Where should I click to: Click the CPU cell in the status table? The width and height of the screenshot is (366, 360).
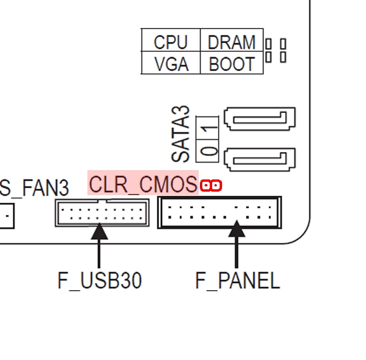[x=171, y=42]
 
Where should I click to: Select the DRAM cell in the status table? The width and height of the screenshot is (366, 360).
[x=231, y=42]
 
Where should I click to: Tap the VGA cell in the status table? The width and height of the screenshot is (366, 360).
[x=171, y=63]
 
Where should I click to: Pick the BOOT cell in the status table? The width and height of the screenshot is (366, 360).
[x=231, y=63]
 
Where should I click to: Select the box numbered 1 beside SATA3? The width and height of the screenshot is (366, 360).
[x=209, y=124]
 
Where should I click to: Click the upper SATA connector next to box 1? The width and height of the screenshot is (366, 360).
[x=260, y=120]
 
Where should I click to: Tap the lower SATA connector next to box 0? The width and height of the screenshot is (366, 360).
[x=260, y=157]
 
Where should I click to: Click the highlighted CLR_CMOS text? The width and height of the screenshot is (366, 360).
[x=143, y=184]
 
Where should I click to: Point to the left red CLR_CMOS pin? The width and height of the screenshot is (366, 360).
[x=206, y=186]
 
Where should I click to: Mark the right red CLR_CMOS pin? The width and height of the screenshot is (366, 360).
[x=216, y=186]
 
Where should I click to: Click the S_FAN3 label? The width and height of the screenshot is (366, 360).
[x=34, y=188]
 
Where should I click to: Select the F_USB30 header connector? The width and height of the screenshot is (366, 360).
[x=101, y=212]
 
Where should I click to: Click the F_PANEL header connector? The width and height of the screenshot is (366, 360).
[x=220, y=213]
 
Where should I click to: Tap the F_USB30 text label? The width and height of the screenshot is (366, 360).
[x=100, y=281]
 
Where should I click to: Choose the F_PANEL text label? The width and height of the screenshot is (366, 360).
[x=237, y=281]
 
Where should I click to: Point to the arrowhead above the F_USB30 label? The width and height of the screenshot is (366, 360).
[x=100, y=232]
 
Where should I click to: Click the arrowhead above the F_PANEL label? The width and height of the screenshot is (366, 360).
[x=236, y=230]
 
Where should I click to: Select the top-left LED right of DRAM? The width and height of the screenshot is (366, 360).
[x=268, y=44]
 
